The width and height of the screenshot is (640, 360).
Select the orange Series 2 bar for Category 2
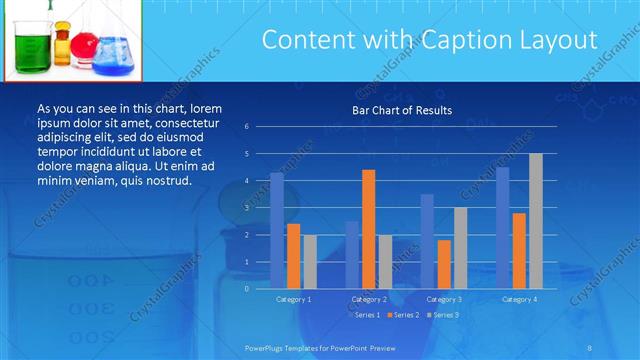pyautogui.click(x=368, y=229)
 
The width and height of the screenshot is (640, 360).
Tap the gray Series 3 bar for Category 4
pyautogui.click(x=535, y=221)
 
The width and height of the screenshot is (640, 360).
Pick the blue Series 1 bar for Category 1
pyautogui.click(x=277, y=230)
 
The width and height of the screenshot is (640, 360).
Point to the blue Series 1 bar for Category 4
pyautogui.click(x=503, y=227)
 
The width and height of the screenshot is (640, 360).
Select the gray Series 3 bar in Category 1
pyautogui.click(x=310, y=261)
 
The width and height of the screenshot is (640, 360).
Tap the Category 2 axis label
pyautogui.click(x=368, y=299)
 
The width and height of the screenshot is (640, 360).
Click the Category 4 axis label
pyautogui.click(x=519, y=299)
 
